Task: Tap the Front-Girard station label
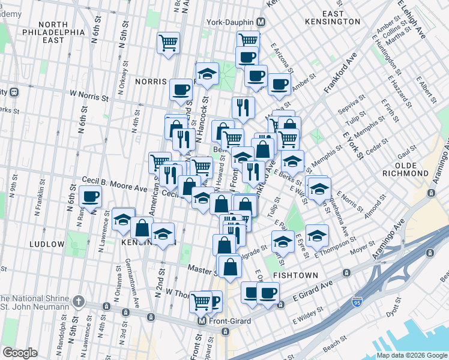pyautogui.click(x=229, y=321)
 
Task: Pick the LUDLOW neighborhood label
pyautogui.click(x=46, y=244)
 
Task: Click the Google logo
pyautogui.click(x=20, y=353)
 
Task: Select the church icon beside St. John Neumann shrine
pyautogui.click(x=78, y=301)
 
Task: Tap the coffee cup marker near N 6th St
pyautogui.click(x=91, y=197)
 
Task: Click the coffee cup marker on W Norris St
pyautogui.click(x=181, y=91)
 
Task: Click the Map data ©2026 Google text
pyautogui.click(x=412, y=355)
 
